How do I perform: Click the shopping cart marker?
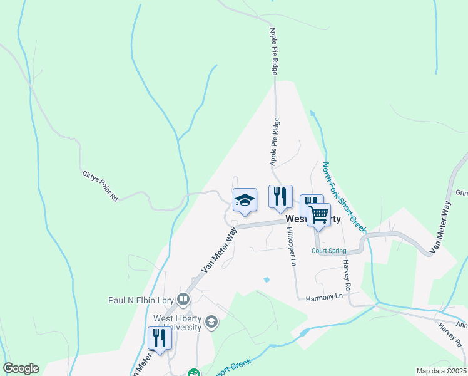click(319, 214)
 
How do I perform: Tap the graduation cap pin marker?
click(245, 200)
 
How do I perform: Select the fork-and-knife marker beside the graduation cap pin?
click(280, 196)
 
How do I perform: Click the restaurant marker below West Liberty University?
click(160, 338)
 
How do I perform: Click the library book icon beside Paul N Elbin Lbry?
click(183, 299)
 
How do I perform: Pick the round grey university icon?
click(212, 323)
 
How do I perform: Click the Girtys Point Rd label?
click(100, 187)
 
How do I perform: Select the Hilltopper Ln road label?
click(290, 246)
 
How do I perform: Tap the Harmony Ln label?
click(325, 296)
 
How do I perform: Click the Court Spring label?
click(328, 251)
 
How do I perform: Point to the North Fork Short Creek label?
click(343, 197)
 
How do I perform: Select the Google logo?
click(21, 368)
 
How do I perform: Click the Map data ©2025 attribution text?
click(442, 371)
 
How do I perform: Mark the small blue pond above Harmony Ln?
click(267, 279)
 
